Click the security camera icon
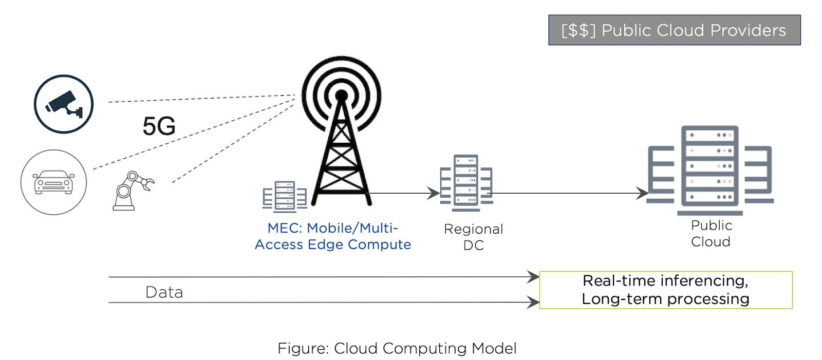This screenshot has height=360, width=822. click(x=64, y=104)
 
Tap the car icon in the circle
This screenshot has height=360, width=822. click(x=53, y=182)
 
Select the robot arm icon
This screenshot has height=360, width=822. click(x=132, y=191)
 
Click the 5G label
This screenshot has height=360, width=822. click(x=159, y=126)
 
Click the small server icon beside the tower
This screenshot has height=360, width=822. click(x=285, y=197)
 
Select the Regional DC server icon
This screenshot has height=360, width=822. click(x=466, y=183)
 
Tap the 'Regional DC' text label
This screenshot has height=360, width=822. click(x=473, y=237)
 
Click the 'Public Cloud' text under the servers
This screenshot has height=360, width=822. click(x=711, y=234)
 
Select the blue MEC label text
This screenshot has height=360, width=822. click(x=333, y=236)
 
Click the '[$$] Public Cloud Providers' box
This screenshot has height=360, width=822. click(x=674, y=30)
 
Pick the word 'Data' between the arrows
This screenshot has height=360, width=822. click(x=164, y=292)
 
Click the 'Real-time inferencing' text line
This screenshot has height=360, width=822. click(x=665, y=281)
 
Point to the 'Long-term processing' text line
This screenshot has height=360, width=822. click(x=665, y=299)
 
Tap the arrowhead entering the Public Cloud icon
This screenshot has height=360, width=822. click(x=642, y=194)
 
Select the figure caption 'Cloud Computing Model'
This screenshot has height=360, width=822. click(x=397, y=348)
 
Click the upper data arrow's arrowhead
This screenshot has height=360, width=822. click(x=534, y=277)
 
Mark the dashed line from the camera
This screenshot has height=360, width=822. click(x=200, y=99)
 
